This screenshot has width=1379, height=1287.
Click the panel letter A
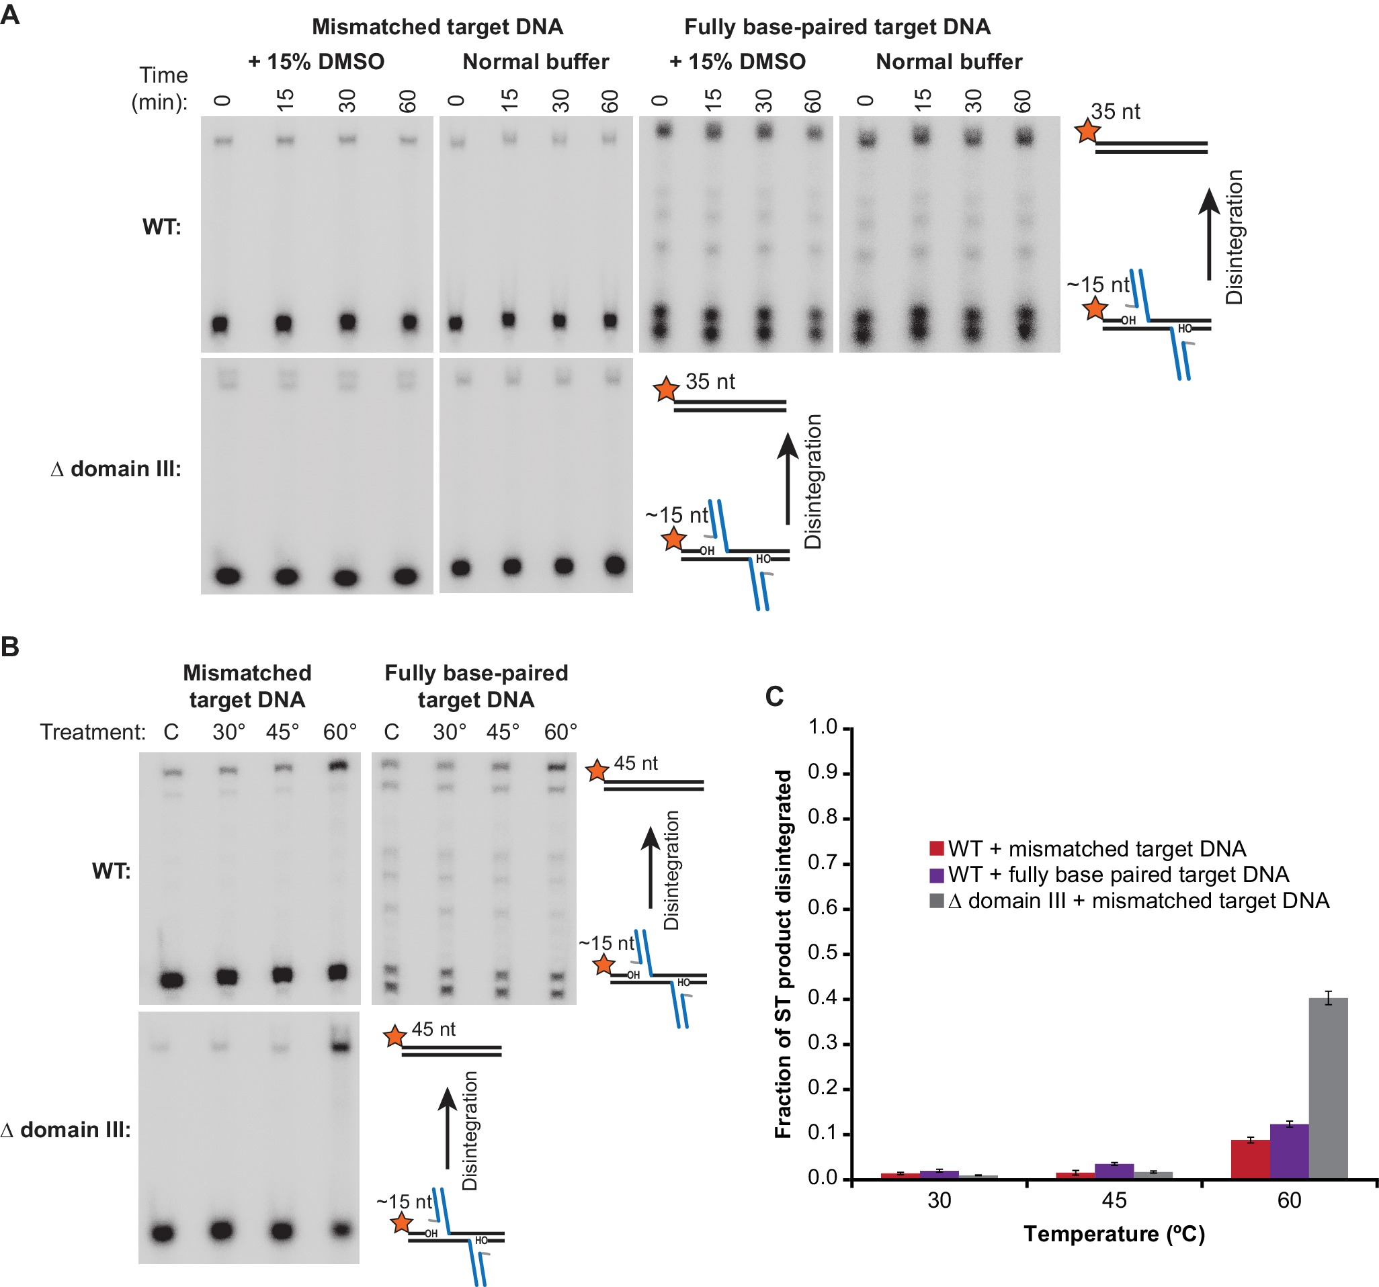(x=9, y=15)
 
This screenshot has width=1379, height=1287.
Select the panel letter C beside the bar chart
(x=774, y=696)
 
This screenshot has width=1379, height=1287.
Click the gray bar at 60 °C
(x=1328, y=1089)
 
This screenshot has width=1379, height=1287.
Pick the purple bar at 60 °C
(x=1289, y=1151)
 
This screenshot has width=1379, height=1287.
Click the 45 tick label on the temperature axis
(x=1114, y=1201)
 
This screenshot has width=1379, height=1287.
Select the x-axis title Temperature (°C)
(x=1114, y=1235)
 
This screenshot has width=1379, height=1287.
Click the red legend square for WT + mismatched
(x=936, y=848)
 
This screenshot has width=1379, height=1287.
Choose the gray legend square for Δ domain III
(x=936, y=901)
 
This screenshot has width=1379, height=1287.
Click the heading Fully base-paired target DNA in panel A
(x=837, y=27)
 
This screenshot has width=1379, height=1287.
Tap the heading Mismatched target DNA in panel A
(x=437, y=27)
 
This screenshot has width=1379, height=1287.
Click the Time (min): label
(x=161, y=88)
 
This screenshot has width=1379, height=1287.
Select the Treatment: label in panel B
(x=92, y=732)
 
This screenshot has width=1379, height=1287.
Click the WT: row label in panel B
(x=111, y=871)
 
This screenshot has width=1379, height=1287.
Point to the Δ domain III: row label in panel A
(x=116, y=470)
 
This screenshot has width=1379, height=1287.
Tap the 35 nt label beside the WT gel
(x=1115, y=112)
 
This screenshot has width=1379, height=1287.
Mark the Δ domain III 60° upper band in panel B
(x=339, y=1047)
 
